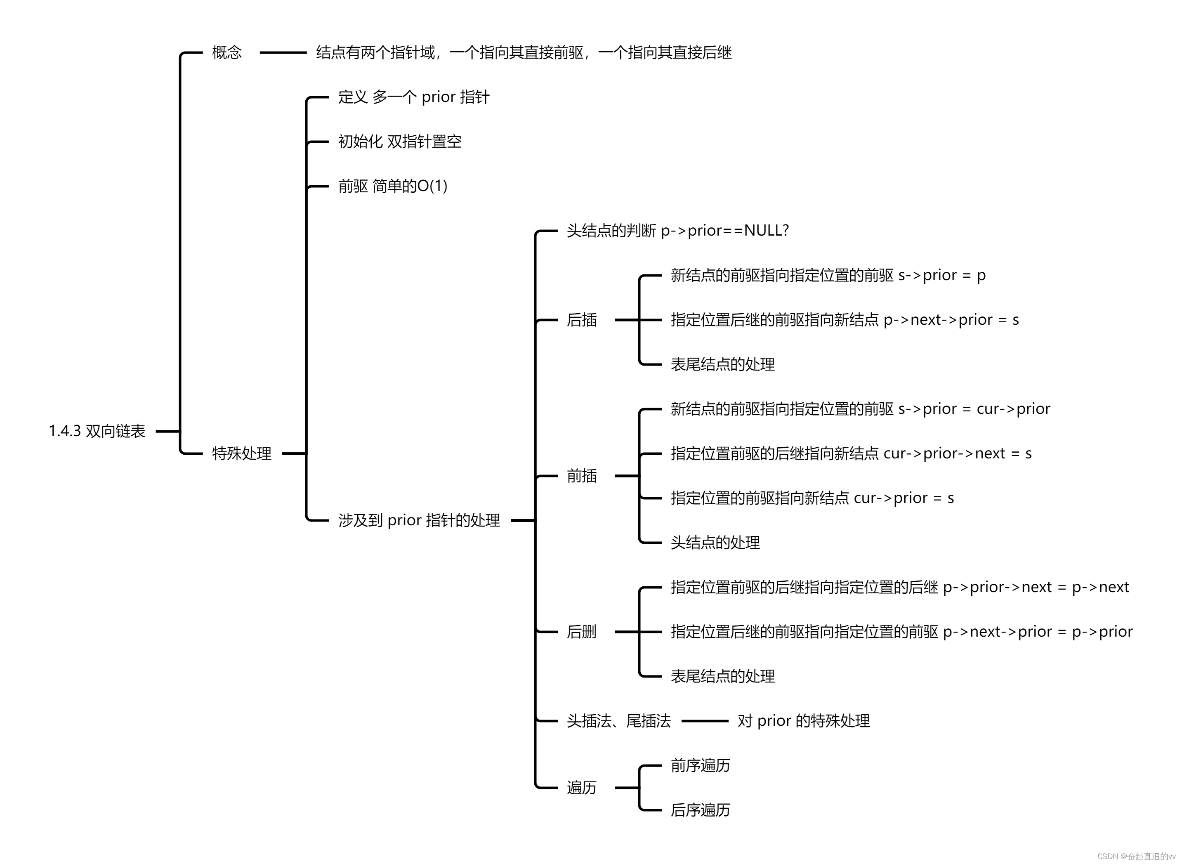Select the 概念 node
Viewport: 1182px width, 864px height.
click(x=227, y=52)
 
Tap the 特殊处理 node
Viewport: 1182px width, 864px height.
click(x=242, y=453)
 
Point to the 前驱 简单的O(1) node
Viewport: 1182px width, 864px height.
click(x=392, y=186)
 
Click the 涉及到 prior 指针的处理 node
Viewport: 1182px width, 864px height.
click(x=419, y=520)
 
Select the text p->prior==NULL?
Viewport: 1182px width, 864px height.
click(x=724, y=231)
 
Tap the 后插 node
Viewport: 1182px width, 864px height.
click(x=582, y=319)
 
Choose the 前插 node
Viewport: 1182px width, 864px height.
click(x=582, y=476)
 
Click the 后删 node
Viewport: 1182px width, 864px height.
click(x=582, y=632)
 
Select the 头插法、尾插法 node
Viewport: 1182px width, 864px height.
click(x=619, y=721)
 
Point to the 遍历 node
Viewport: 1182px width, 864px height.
click(x=582, y=788)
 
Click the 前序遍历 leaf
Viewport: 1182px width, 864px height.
click(x=700, y=766)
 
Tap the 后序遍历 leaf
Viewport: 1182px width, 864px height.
click(x=700, y=810)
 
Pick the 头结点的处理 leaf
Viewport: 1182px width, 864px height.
click(x=715, y=542)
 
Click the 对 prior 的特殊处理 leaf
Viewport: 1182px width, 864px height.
click(x=803, y=721)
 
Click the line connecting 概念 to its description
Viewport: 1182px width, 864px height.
click(x=283, y=52)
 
